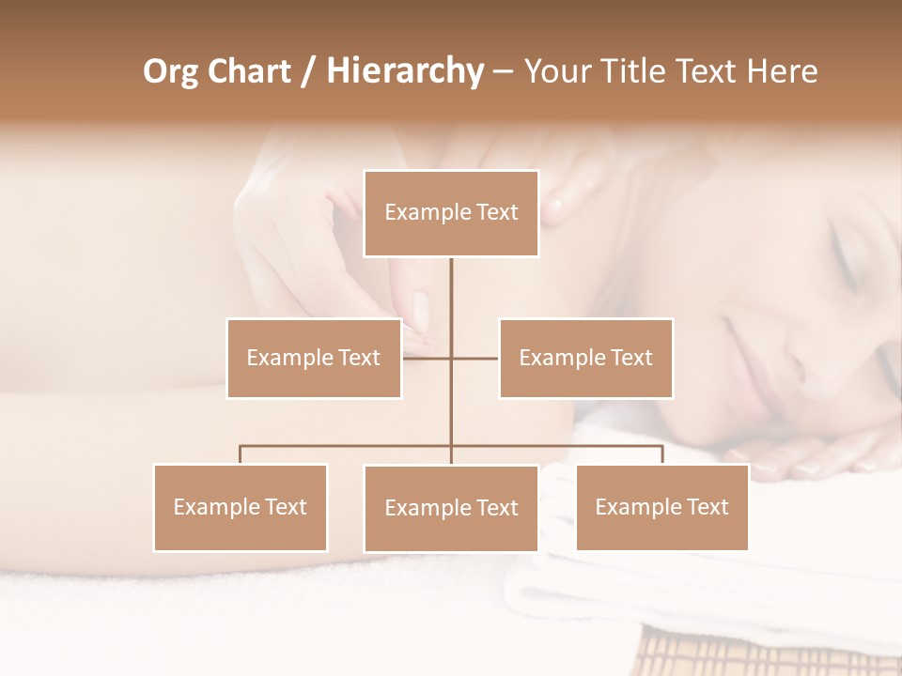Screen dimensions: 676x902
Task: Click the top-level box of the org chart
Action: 451,213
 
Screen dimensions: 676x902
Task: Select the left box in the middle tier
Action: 314,358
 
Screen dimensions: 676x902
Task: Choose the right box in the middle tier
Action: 585,358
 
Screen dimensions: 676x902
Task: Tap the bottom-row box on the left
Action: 241,507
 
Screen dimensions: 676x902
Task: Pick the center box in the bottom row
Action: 451,508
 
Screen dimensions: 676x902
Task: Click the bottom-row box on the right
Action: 661,507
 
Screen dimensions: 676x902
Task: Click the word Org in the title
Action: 170,71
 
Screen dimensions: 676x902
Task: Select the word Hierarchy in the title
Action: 404,71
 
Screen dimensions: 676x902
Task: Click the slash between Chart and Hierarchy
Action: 308,71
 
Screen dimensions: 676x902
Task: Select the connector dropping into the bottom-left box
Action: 241,454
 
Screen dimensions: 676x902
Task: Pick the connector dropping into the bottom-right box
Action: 661,454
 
